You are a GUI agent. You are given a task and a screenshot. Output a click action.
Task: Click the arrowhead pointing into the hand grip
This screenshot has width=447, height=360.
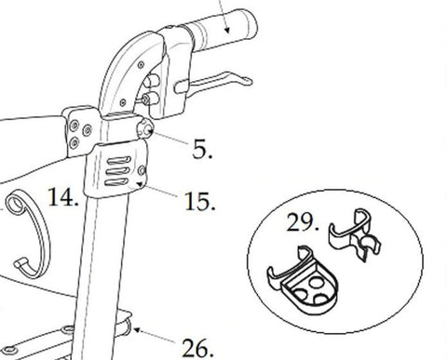[x=224, y=27]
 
